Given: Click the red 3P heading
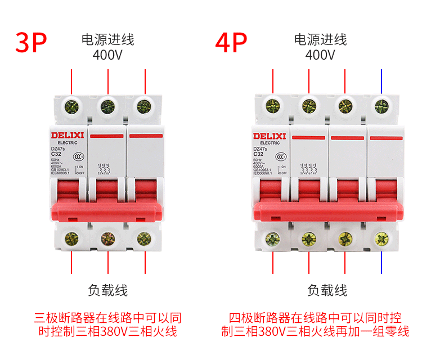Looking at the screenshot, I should pos(31,43).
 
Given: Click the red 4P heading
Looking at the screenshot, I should pos(231,43).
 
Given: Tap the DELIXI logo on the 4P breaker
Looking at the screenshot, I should pos(270,136).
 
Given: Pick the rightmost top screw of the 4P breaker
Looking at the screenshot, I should pos(381,105).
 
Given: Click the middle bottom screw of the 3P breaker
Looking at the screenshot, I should pos(108,238).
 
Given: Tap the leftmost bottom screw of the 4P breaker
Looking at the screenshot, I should pos(273,239).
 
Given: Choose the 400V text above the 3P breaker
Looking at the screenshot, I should pos(107,55).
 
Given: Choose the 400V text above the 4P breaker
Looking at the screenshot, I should pos(320,55).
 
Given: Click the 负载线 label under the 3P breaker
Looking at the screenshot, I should pos(108,290).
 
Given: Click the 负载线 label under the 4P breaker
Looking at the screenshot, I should pos(327,290).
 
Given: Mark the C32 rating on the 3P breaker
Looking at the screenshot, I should pos(56,154).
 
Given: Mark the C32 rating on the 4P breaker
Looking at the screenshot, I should pos(258,154).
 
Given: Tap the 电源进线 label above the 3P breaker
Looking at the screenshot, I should pos(108,40).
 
